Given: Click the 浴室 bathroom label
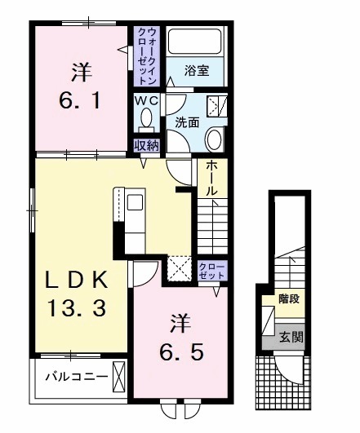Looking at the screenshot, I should click(x=197, y=71).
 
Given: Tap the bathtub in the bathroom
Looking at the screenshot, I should click(x=195, y=43).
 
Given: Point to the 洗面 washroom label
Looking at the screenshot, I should click(x=188, y=123).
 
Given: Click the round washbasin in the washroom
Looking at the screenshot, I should click(x=215, y=139).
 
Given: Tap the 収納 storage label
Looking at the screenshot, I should click(x=147, y=146).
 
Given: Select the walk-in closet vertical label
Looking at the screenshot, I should click(x=148, y=55).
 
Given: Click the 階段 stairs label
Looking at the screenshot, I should click(x=287, y=298).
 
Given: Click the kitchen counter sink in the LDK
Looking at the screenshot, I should click(x=134, y=203).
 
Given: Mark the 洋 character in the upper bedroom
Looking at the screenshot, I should click(x=79, y=73).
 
